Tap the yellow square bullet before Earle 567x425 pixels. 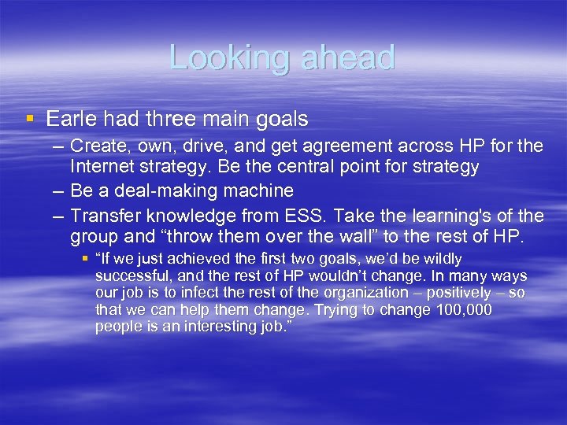point(30,119)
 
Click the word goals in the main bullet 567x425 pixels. point(280,119)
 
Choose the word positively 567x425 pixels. point(452,293)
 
